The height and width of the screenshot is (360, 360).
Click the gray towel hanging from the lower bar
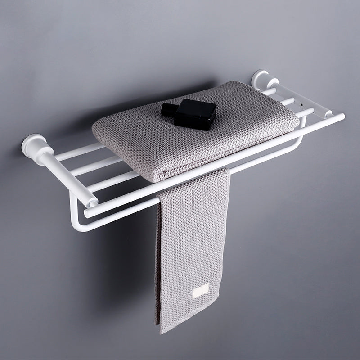189,243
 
